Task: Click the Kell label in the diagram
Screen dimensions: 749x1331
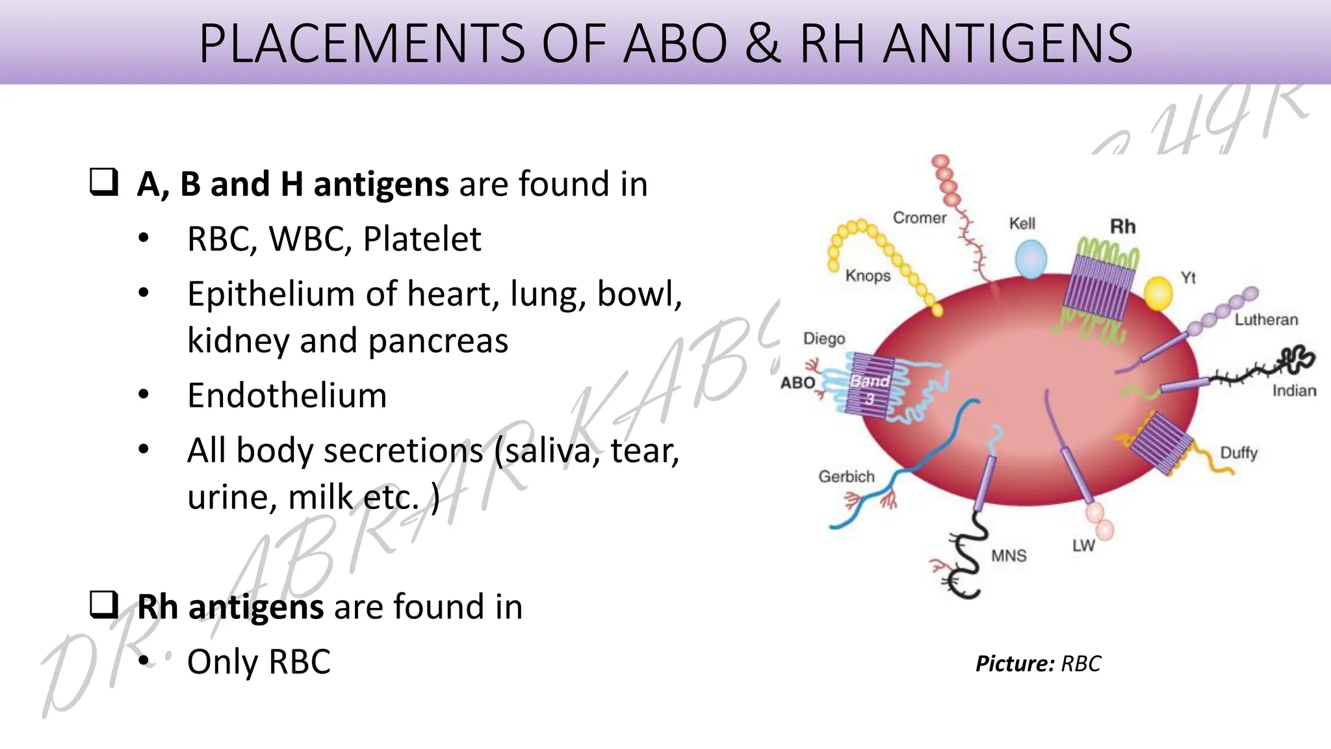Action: point(1022,224)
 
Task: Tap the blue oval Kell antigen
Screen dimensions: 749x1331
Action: point(1031,258)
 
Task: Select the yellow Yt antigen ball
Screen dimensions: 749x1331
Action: point(1157,293)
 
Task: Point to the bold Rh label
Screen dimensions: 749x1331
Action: point(1122,227)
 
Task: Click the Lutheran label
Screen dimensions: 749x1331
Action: point(1266,319)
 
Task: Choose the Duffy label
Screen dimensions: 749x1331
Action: point(1239,453)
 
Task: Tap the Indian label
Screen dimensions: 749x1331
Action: point(1294,391)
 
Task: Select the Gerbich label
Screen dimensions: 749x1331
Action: point(846,477)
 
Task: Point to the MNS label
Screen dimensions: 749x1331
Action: point(1009,556)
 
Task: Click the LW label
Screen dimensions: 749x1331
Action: point(1083,545)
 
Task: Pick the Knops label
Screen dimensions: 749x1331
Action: point(868,276)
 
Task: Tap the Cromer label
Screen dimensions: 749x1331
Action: point(920,218)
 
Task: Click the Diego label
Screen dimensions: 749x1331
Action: point(824,339)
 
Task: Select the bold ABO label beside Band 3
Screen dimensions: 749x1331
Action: point(797,382)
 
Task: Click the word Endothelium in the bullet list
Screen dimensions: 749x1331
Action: point(287,395)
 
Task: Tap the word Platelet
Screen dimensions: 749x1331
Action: point(422,239)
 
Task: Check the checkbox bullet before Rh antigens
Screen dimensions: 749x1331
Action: point(104,604)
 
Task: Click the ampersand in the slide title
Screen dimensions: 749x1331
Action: point(763,44)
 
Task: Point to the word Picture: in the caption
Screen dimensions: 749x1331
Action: point(1014,664)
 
